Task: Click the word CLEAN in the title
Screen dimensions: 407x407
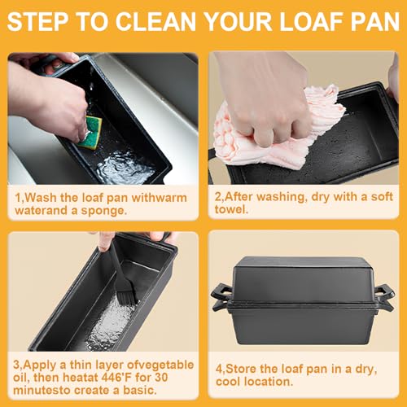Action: click(x=156, y=21)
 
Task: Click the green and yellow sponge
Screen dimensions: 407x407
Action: click(x=90, y=133)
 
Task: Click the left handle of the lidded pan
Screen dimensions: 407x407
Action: click(x=222, y=297)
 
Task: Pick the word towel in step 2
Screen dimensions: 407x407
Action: click(x=231, y=209)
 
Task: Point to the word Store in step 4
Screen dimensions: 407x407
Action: click(x=240, y=369)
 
